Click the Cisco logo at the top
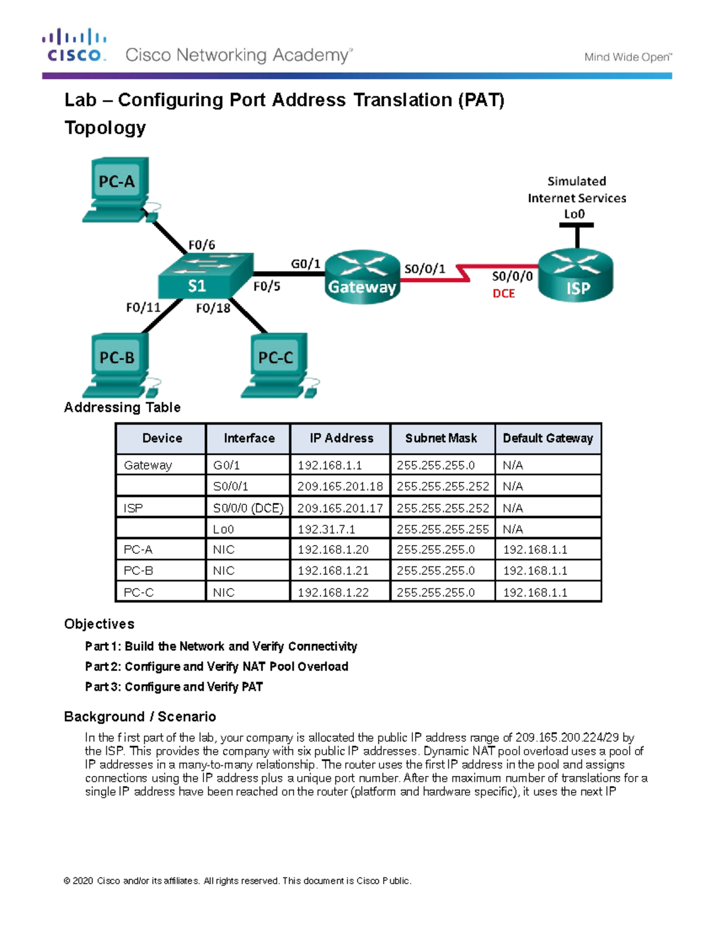(74, 45)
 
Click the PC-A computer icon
(118, 189)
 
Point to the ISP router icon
(576, 276)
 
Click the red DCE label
(504, 294)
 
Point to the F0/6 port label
(202, 245)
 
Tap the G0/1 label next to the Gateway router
(305, 264)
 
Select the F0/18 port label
(213, 308)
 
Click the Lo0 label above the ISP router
(574, 214)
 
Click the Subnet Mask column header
(442, 438)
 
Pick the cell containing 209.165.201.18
(340, 486)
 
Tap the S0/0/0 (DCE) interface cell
(248, 508)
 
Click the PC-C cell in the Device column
(138, 593)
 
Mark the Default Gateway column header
(548, 438)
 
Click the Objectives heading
(99, 624)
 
